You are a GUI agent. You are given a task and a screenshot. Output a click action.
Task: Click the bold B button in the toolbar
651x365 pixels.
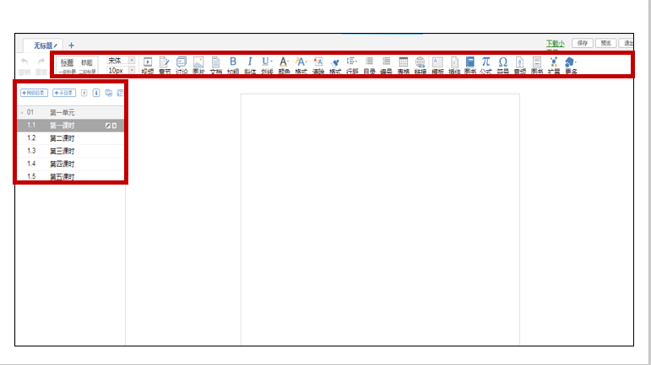pyautogui.click(x=233, y=62)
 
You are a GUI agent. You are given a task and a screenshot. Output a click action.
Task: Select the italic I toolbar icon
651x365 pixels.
pyautogui.click(x=250, y=62)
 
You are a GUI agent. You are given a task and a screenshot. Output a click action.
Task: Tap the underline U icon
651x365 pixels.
pyautogui.click(x=266, y=62)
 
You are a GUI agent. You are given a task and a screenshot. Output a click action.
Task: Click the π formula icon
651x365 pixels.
pyautogui.click(x=486, y=62)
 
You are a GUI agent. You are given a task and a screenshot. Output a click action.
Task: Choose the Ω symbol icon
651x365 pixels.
pyautogui.click(x=502, y=62)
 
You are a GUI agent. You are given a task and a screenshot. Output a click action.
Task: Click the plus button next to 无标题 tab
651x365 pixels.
pyautogui.click(x=71, y=45)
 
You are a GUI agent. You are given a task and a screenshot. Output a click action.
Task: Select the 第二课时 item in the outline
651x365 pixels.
pyautogui.click(x=62, y=137)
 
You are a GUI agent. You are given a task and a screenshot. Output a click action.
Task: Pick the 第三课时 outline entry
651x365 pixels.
pyautogui.click(x=62, y=150)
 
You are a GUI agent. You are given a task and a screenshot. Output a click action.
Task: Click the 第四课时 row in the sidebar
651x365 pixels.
pyautogui.click(x=62, y=164)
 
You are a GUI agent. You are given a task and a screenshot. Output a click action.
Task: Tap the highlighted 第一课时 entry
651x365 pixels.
pyautogui.click(x=62, y=125)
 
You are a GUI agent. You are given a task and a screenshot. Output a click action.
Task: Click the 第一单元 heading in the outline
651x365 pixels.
pyautogui.click(x=62, y=111)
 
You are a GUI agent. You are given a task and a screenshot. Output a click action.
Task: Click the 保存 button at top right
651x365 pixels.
pyautogui.click(x=582, y=43)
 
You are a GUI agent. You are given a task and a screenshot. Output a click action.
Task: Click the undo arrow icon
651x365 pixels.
pyautogui.click(x=24, y=62)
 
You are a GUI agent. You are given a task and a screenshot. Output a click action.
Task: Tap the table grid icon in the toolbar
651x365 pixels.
pyautogui.click(x=404, y=62)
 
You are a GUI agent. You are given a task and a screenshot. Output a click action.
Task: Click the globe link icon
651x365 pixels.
pyautogui.click(x=420, y=62)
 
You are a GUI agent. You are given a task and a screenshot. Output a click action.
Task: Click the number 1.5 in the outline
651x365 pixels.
pyautogui.click(x=31, y=176)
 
